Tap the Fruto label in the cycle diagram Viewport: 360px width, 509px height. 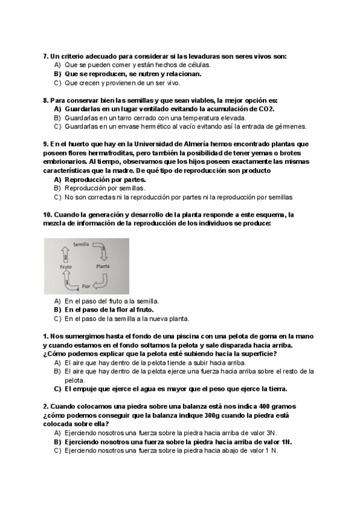point(65,266)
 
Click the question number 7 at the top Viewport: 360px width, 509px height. point(46,56)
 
